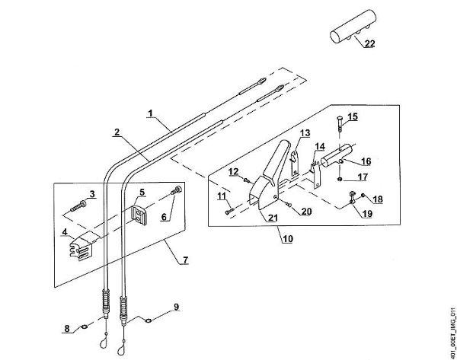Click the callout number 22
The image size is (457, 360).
coord(369,44)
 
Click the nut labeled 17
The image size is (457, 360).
coord(340,178)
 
